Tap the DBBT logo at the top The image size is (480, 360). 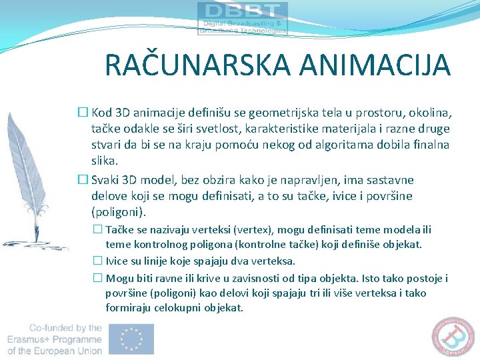coord(243,18)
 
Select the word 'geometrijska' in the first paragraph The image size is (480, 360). coord(263,113)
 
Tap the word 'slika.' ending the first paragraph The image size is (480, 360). coord(105,161)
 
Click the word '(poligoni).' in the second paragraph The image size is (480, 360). coord(117,212)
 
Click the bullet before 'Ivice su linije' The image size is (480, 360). coord(97,261)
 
